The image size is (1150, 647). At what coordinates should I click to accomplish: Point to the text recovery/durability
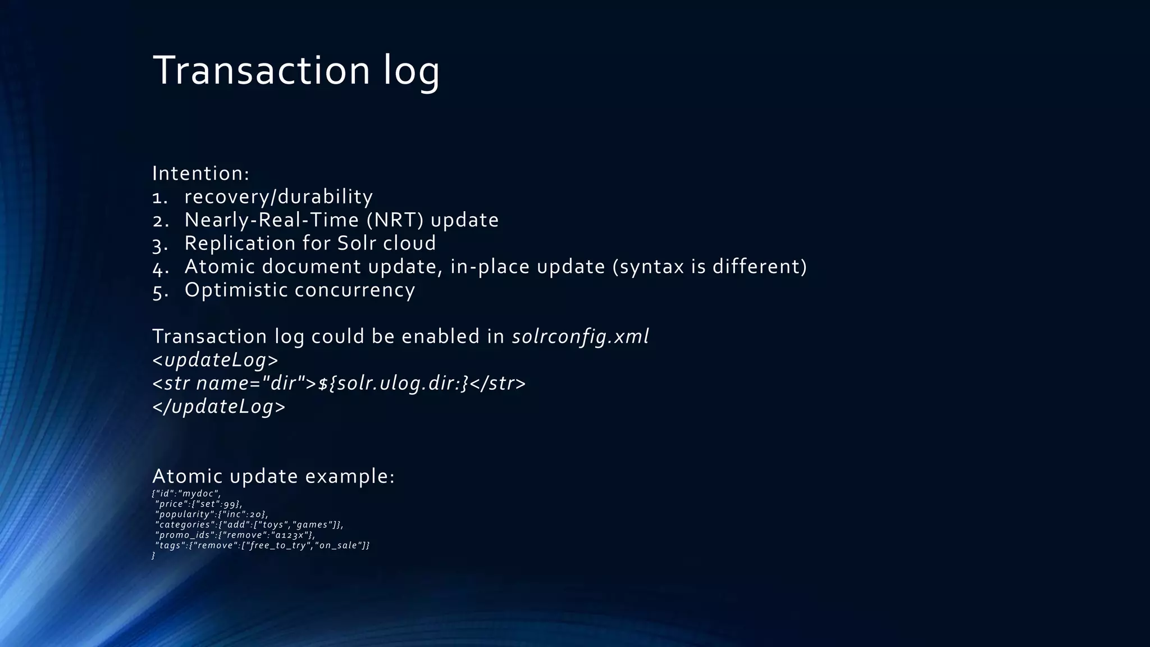click(x=279, y=197)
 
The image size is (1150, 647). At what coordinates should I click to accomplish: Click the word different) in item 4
click(x=759, y=266)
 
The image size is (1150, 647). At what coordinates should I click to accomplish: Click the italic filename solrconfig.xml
click(x=580, y=336)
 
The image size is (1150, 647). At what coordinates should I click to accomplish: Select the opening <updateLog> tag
click(x=215, y=360)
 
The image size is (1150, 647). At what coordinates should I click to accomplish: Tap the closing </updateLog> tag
click(x=218, y=407)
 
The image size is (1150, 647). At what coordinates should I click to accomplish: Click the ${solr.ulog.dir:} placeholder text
click(x=393, y=384)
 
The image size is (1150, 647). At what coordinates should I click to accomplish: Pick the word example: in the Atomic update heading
click(x=350, y=476)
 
